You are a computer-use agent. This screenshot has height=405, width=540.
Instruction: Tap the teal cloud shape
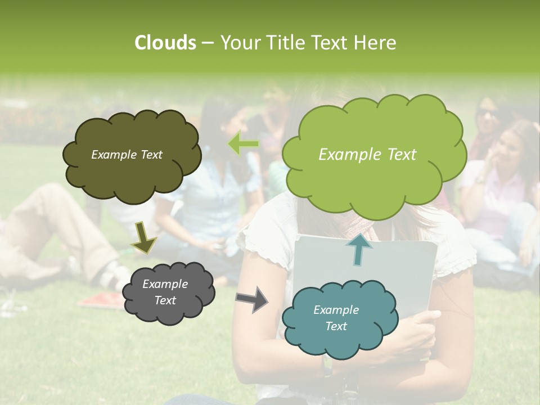click(x=339, y=318)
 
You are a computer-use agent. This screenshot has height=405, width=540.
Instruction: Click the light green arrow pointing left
click(x=244, y=143)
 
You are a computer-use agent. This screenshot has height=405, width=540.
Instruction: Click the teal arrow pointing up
click(x=358, y=249)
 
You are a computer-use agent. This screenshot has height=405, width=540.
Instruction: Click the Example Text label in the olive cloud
click(x=127, y=155)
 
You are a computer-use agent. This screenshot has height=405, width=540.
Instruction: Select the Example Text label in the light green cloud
click(x=367, y=155)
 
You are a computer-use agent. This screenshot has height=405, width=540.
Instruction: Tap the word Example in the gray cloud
click(x=165, y=284)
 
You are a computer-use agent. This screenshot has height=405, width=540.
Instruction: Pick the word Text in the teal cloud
click(x=336, y=326)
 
